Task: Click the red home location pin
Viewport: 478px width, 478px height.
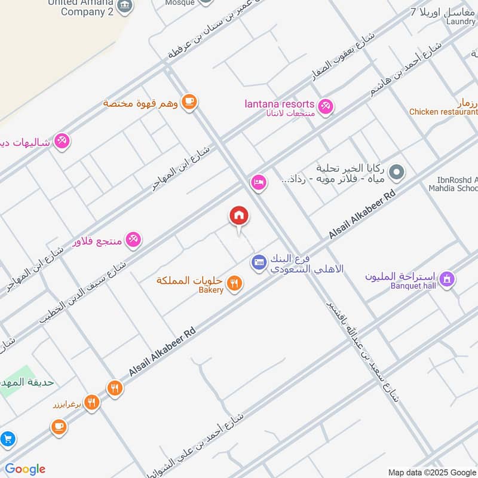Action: point(239,216)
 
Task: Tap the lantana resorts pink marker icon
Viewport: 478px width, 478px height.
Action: point(325,106)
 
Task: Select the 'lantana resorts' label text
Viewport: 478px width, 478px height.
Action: point(279,104)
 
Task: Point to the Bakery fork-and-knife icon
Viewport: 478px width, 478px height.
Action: point(235,283)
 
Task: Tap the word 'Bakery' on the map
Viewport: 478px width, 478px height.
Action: point(211,290)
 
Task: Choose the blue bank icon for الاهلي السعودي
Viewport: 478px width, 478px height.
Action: point(258,262)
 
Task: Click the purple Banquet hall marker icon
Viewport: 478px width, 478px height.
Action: point(446,278)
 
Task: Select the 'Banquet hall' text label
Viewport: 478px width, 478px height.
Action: point(413,286)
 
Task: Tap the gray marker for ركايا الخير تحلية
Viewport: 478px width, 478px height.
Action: point(396,173)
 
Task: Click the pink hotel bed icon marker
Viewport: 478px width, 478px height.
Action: point(258,182)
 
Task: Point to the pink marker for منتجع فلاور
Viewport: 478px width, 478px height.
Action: point(133,240)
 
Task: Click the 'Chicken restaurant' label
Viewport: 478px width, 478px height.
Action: point(443,112)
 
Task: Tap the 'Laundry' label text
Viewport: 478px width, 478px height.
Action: point(460,22)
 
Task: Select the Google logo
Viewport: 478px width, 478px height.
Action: point(25,469)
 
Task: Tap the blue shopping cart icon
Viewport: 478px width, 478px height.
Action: point(7,439)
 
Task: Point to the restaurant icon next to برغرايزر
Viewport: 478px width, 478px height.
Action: point(91,402)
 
